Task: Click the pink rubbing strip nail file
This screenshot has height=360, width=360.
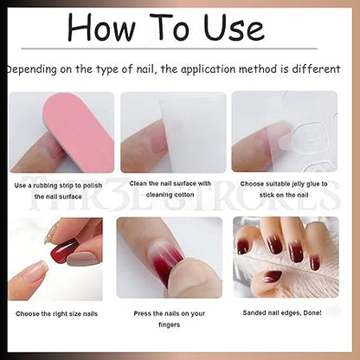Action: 78,132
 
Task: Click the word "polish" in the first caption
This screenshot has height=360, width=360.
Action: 93,185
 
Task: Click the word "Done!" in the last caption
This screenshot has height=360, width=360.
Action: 312,312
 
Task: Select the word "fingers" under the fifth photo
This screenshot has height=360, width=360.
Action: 170,325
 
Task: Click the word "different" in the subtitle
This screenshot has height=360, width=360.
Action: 316,69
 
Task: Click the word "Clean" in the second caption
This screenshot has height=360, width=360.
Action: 138,183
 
